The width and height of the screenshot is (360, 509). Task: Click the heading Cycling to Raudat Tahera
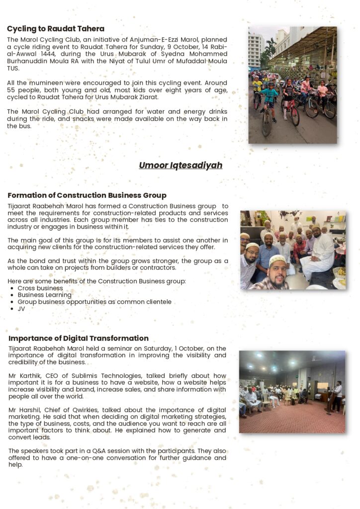tap(56, 29)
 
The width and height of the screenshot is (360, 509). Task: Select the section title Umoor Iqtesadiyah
tap(180, 165)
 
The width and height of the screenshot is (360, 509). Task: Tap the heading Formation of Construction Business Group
tap(87, 195)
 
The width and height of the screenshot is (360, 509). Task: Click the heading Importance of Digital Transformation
tap(79, 339)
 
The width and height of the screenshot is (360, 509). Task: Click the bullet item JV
tap(21, 309)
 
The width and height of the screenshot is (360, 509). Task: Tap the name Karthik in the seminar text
tap(29, 376)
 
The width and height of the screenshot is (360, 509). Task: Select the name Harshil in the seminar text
tap(29, 410)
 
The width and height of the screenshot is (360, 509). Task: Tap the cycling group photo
tap(292, 85)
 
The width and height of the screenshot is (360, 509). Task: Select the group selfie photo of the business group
tap(292, 250)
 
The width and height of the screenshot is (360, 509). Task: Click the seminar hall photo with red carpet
tap(292, 392)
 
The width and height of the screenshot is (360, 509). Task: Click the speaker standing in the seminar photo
tap(338, 396)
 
